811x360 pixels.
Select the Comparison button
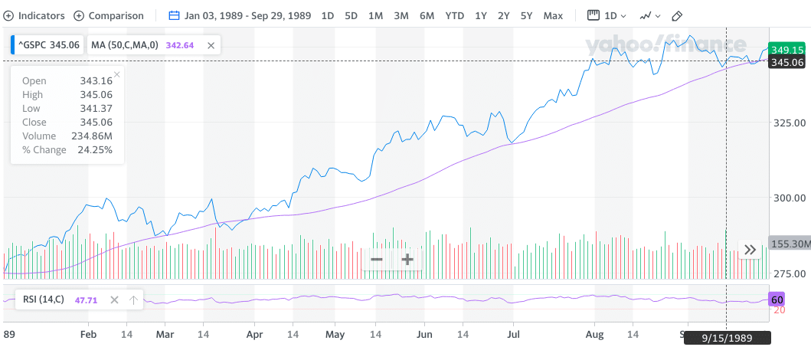click(x=109, y=15)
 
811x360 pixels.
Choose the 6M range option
click(x=427, y=15)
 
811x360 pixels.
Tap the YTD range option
click(x=454, y=15)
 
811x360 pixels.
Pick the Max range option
click(x=553, y=15)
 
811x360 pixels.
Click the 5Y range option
click(x=526, y=15)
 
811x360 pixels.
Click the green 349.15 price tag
click(x=788, y=50)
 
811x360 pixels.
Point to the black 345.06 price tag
click(x=788, y=62)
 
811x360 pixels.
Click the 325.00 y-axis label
click(x=788, y=123)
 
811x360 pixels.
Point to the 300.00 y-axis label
click(x=788, y=198)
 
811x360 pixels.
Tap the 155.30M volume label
click(x=789, y=243)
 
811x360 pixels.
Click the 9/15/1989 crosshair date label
click(x=727, y=337)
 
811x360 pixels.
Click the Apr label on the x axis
click(x=255, y=335)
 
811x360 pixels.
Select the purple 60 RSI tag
click(x=777, y=299)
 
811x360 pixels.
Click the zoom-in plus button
click(x=407, y=259)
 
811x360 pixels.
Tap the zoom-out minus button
click(x=377, y=259)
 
